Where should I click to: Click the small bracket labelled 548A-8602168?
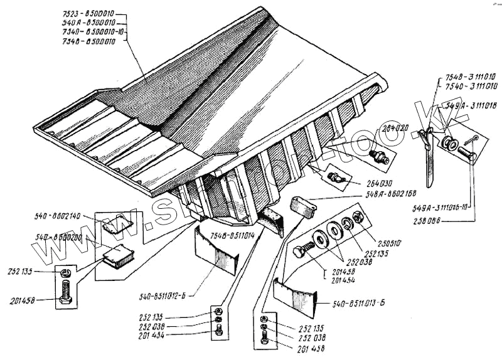point(301,207)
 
